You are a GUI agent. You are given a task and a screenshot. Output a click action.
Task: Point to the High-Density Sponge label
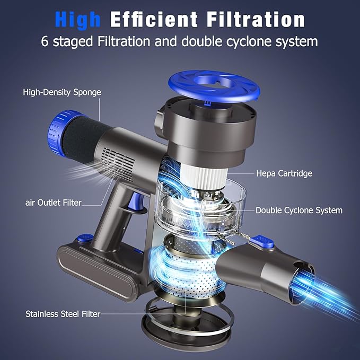tap(62, 92)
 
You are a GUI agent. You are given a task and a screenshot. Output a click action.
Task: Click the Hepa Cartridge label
tap(284, 173)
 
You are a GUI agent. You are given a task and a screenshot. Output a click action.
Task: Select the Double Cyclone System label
tap(299, 210)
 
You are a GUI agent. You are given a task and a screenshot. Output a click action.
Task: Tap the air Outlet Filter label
tap(53, 203)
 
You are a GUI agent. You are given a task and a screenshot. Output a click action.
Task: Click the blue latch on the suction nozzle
tap(265, 242)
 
